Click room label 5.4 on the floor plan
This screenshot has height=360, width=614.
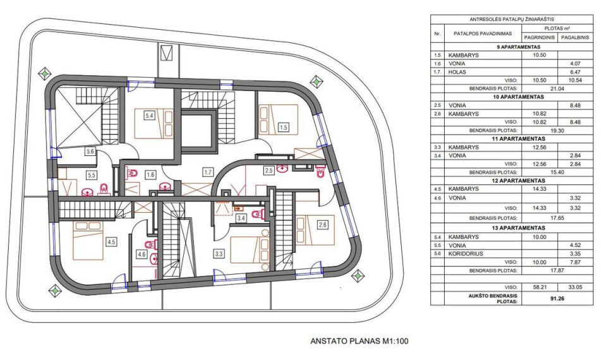pos(149,116)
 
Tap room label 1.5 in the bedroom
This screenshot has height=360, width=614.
pos(283,127)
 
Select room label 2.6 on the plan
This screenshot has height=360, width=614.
pos(322,225)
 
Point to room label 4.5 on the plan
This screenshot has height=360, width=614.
pos(111,242)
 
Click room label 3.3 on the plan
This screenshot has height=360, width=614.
pos(219,254)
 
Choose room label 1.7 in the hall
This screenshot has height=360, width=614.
pos(208,171)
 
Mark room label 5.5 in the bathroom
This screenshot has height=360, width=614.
pos(91,176)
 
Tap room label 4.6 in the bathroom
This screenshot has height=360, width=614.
pos(141,254)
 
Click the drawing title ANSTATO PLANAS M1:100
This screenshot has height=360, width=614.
pos(359,341)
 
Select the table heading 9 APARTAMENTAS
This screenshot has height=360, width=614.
pos(518,47)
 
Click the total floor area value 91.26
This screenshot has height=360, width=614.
pos(557,299)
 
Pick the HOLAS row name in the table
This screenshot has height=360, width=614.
pos(457,72)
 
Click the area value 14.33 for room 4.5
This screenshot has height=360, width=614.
pos(539,189)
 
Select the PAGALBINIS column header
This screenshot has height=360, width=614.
pos(575,37)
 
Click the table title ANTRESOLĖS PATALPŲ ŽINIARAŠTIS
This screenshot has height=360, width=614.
pos(512,19)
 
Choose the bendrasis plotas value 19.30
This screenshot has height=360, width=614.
pos(557,130)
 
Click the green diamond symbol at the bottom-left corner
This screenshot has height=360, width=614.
pos(55,291)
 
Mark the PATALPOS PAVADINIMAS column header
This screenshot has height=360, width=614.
pos(483,33)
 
